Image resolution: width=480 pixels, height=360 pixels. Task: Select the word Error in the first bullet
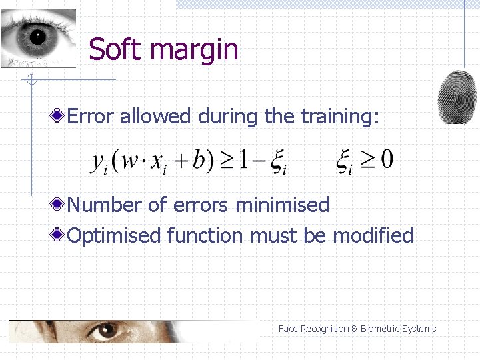[x=92, y=117]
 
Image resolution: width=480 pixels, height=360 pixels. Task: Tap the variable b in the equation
[x=198, y=159]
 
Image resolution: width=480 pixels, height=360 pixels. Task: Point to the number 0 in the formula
[x=385, y=159]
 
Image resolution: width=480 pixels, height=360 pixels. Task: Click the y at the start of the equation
[x=98, y=162]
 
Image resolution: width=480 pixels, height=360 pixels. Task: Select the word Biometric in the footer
[x=381, y=329]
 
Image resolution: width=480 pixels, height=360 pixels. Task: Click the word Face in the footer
[x=288, y=329]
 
